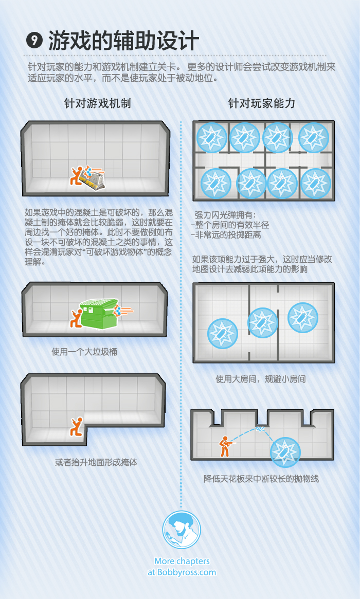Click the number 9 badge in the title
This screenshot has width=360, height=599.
34,40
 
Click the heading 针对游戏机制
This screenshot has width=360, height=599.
97,103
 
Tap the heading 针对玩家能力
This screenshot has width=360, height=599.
262,103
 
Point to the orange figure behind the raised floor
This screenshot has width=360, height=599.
77,427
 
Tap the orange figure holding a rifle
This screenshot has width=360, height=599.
226,446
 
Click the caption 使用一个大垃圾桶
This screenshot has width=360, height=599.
84,352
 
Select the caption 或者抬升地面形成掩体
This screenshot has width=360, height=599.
96,462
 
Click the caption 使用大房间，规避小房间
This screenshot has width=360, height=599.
261,379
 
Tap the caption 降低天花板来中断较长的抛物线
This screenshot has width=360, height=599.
261,479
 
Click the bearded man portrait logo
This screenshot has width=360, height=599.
182,530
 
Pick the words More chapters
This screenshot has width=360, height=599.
182,561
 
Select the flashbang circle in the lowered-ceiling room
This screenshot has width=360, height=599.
285,452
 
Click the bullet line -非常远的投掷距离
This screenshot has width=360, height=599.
226,235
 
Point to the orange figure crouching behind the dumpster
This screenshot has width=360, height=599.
76,319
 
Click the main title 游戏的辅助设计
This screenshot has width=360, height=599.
123,41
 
